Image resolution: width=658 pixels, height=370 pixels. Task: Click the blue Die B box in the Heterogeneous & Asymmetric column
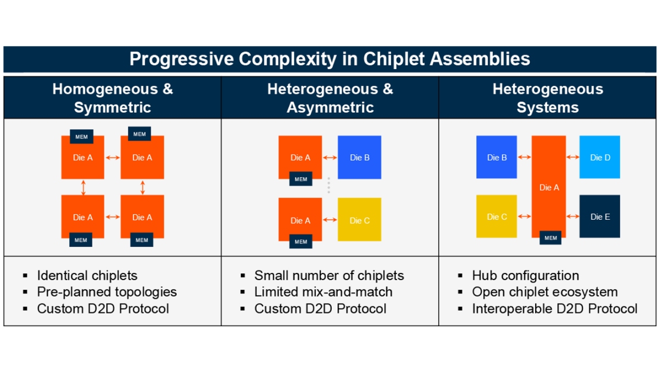(359, 157)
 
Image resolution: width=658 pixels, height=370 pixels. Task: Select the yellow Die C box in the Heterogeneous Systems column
(496, 217)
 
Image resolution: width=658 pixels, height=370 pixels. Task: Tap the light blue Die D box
(599, 157)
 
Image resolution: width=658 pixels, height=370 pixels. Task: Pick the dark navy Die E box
(599, 217)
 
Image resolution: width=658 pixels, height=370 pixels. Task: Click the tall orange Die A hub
(549, 187)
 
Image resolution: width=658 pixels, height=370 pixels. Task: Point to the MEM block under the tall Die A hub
(551, 238)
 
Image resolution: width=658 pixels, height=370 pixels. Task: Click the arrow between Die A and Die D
(572, 157)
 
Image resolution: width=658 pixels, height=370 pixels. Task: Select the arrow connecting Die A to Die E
(572, 217)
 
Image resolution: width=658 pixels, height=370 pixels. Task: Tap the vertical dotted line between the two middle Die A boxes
(328, 185)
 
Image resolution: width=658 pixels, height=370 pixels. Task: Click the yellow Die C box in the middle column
(359, 220)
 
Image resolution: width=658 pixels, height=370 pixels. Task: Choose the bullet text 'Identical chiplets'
(87, 275)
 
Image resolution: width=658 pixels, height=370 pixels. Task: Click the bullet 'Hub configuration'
(525, 275)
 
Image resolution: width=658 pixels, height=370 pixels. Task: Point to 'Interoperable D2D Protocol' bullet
(554, 309)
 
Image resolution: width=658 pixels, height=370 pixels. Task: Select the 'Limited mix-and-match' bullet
(323, 292)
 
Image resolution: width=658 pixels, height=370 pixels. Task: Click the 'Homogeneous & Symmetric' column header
(112, 98)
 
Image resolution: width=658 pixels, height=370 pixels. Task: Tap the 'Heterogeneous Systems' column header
(547, 98)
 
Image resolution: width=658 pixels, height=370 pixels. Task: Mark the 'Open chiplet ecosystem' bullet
(544, 292)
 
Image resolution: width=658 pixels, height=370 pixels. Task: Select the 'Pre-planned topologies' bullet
(107, 292)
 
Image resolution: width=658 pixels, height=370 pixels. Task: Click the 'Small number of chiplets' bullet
(329, 275)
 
